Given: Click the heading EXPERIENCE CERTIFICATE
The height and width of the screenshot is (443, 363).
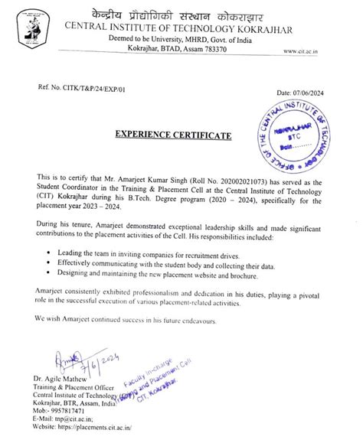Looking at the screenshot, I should [x=172, y=135].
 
